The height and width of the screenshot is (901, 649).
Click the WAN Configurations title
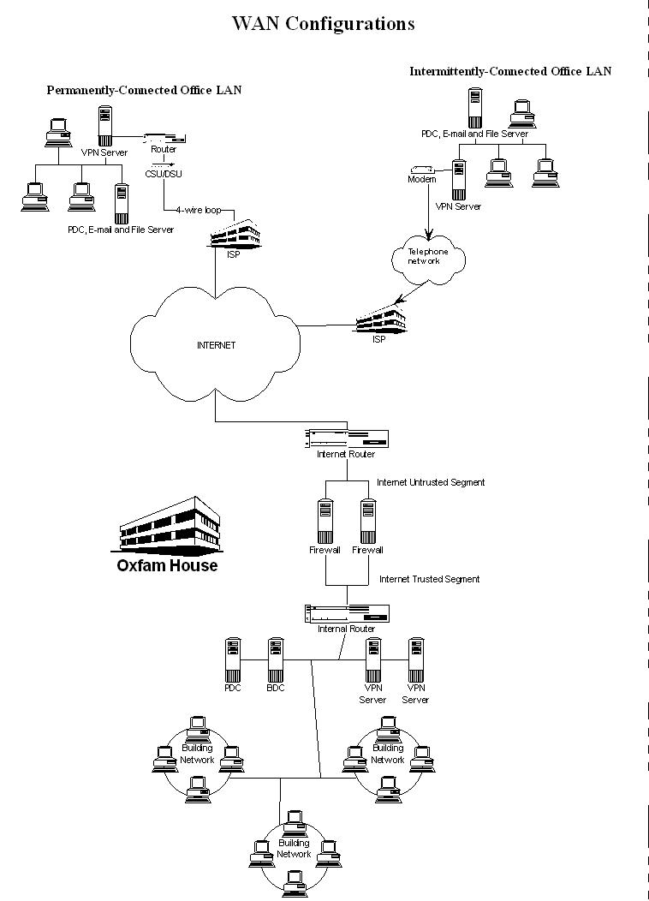pyautogui.click(x=323, y=24)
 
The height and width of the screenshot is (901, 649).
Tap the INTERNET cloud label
pyautogui.click(x=215, y=346)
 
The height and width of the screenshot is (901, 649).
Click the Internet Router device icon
pyautogui.click(x=347, y=438)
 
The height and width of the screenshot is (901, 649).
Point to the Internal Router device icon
pyautogui.click(x=347, y=613)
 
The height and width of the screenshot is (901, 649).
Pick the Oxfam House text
pyautogui.click(x=167, y=566)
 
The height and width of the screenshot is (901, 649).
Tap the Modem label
pyautogui.click(x=422, y=180)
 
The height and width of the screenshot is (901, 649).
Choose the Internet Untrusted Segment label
pyautogui.click(x=431, y=483)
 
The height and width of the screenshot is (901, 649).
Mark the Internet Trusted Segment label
pyautogui.click(x=429, y=580)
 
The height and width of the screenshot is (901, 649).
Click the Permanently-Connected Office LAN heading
pyautogui.click(x=144, y=90)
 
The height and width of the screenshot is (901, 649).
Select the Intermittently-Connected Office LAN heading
pyautogui.click(x=510, y=71)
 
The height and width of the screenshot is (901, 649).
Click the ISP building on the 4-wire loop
pyautogui.click(x=235, y=232)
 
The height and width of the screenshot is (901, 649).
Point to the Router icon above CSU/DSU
pyautogui.click(x=162, y=136)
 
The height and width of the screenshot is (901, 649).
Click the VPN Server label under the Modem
pyautogui.click(x=458, y=206)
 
